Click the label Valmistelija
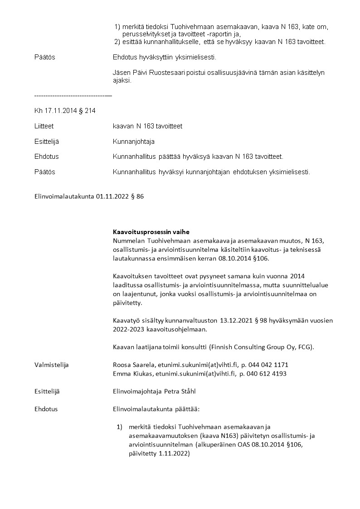(51, 365)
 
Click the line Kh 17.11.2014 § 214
(65, 111)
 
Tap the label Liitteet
(44, 126)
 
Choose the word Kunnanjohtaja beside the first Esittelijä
(134, 142)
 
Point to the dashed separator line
(73, 96)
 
